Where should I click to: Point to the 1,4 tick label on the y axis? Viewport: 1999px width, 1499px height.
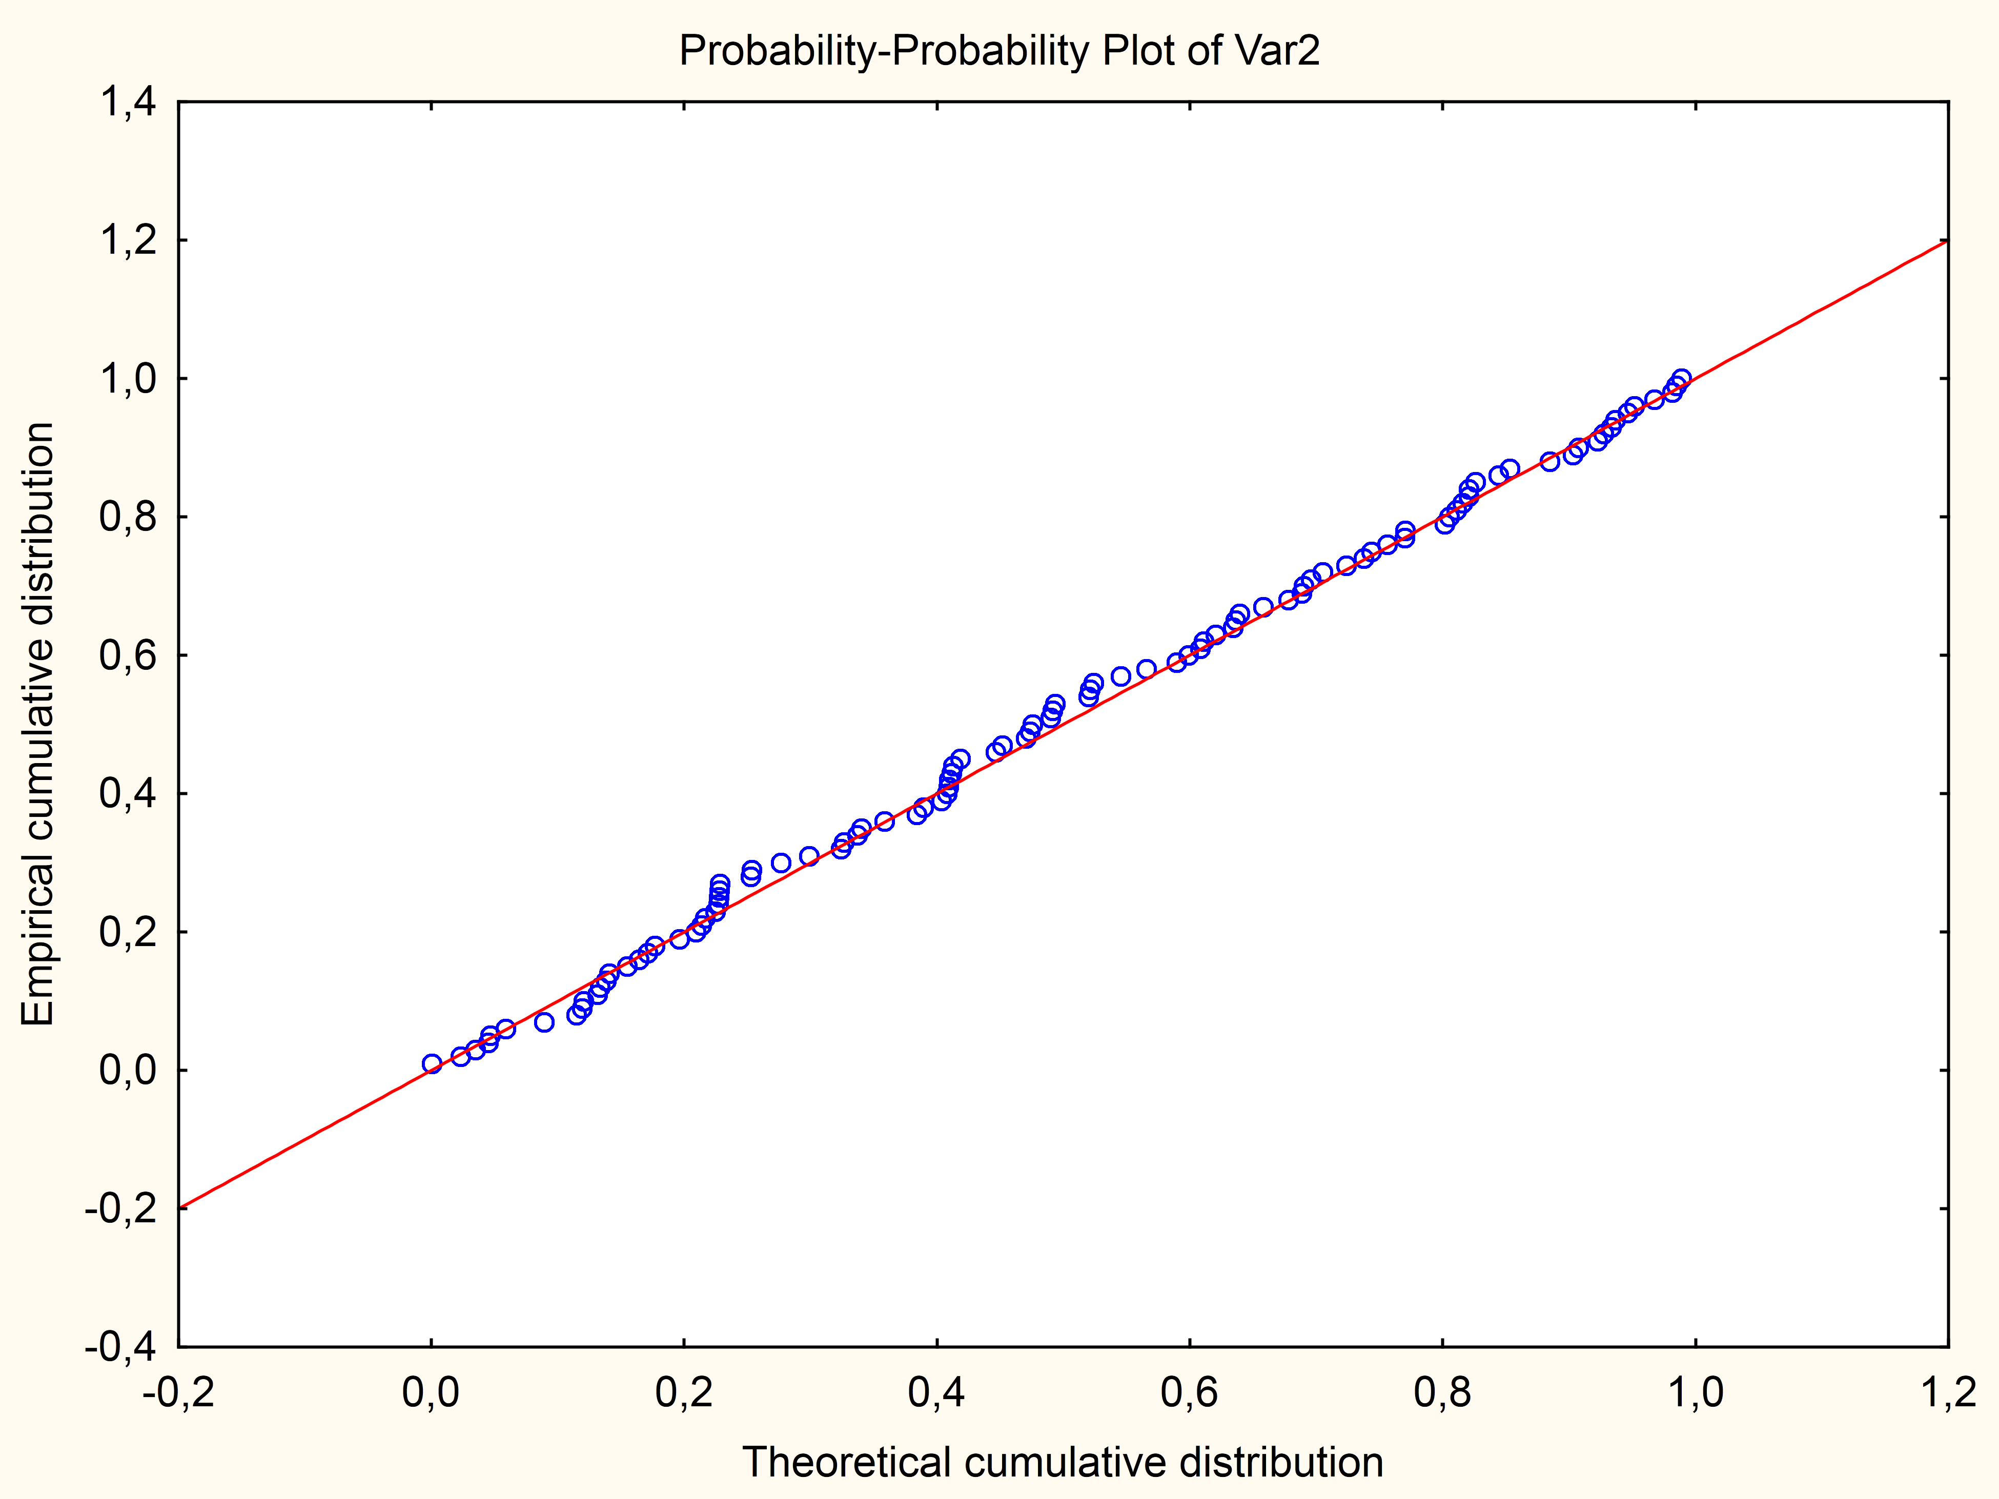pyautogui.click(x=127, y=102)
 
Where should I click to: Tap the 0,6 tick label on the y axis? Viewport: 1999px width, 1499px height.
pyautogui.click(x=127, y=655)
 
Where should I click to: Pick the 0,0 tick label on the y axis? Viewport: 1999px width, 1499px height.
pyautogui.click(x=127, y=1071)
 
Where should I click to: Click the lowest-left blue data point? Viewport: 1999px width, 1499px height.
pyautogui.click(x=432, y=1063)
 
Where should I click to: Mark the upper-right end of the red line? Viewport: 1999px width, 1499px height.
pyautogui.click(x=1948, y=241)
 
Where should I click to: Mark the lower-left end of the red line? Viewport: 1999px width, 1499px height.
pyautogui.click(x=180, y=1207)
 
